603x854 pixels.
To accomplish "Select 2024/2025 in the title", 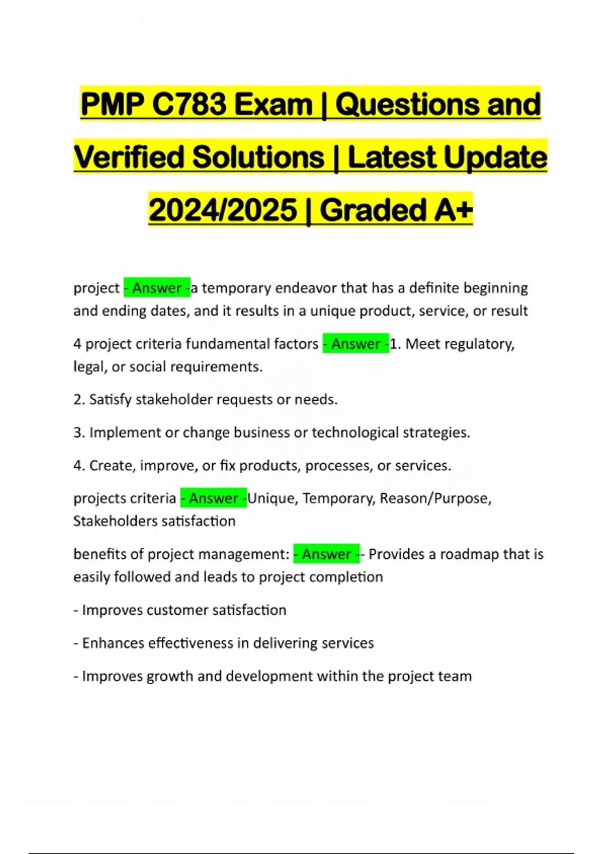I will [x=223, y=210].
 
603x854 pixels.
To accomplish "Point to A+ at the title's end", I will [x=453, y=210].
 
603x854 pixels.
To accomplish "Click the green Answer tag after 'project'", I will [x=157, y=288].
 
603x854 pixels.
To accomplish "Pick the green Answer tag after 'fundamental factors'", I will [x=356, y=344].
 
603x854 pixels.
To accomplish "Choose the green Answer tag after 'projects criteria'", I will [x=214, y=498].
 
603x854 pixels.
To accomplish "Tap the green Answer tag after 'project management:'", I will [x=327, y=554].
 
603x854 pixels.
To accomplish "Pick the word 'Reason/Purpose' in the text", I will [x=435, y=498].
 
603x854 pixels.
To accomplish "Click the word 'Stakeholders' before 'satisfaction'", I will [x=113, y=521].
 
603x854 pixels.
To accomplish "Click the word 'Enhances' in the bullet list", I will [x=113, y=643].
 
